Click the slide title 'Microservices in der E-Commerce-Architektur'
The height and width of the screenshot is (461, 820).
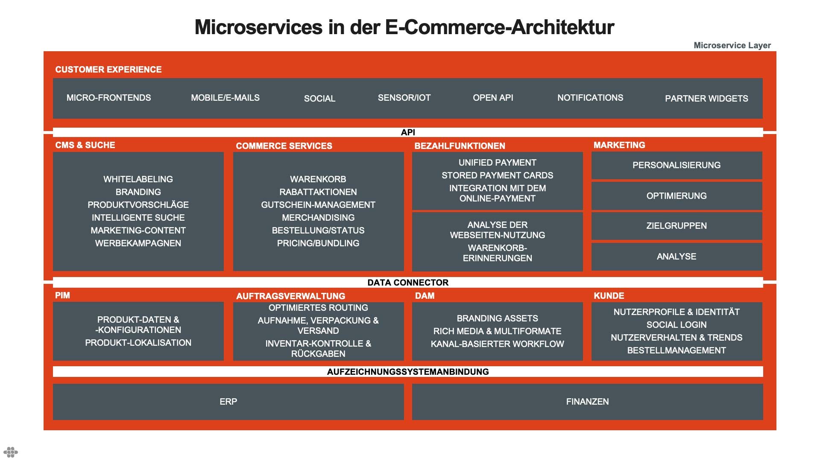point(404,27)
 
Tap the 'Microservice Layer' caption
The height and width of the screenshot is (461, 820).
point(732,45)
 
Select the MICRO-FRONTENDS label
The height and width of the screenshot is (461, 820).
point(108,98)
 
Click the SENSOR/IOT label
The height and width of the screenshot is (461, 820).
point(404,98)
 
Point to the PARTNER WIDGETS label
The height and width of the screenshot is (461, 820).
point(706,99)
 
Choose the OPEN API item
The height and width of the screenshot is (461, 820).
point(493,98)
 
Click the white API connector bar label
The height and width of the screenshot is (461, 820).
point(408,132)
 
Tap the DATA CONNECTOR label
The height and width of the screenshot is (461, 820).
point(408,283)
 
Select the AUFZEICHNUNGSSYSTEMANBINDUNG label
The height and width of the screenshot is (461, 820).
point(408,372)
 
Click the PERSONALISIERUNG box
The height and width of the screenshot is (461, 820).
point(676,165)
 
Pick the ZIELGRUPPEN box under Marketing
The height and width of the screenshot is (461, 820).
point(676,226)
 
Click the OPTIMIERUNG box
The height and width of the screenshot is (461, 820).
point(676,196)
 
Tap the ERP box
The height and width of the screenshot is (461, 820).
point(228,402)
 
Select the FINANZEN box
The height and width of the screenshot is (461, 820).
point(588,402)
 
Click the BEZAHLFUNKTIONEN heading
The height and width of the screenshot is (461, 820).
point(460,146)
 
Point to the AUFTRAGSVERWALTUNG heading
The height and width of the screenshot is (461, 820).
point(290,296)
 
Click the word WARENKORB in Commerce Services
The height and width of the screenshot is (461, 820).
point(318,179)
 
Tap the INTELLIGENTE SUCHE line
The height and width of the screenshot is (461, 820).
point(138,218)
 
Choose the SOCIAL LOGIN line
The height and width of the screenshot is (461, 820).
point(676,325)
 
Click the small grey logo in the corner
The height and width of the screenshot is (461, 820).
point(11,452)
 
